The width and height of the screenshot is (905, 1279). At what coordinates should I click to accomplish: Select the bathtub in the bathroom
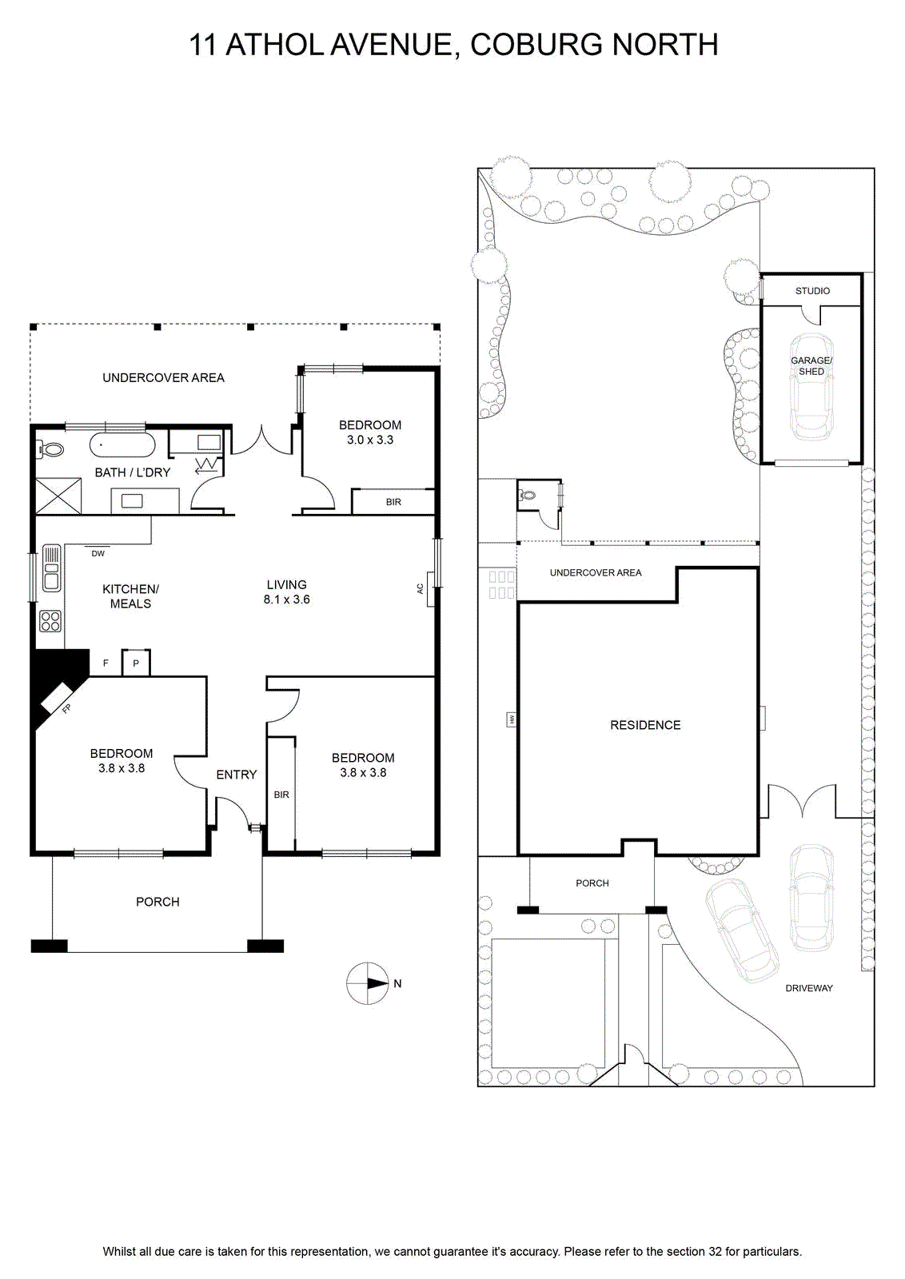click(x=122, y=445)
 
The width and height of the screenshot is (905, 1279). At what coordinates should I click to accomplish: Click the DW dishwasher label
click(x=98, y=553)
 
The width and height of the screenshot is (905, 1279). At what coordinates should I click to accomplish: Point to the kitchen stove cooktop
click(x=51, y=620)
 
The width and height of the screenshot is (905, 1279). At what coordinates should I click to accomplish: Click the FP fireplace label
click(x=66, y=709)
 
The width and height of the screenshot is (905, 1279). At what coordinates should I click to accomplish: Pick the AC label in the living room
click(x=421, y=588)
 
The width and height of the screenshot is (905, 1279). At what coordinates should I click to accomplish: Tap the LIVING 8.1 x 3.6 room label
click(x=287, y=592)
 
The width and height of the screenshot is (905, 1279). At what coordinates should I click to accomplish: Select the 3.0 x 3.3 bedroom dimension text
click(x=370, y=440)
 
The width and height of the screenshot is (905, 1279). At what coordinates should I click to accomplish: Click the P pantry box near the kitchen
click(x=136, y=663)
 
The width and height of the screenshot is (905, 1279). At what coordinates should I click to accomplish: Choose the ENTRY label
click(x=237, y=775)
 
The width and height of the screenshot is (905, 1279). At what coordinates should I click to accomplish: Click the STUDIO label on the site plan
click(x=812, y=291)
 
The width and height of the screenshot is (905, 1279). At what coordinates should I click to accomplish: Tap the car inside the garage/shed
click(x=811, y=387)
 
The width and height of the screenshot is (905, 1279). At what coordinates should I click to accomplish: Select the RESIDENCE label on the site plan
click(x=645, y=725)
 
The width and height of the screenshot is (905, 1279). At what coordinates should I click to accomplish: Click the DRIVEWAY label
click(x=808, y=988)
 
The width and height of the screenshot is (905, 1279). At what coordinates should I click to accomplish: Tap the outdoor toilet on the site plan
click(x=527, y=496)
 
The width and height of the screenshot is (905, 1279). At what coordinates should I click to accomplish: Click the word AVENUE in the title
click(x=396, y=45)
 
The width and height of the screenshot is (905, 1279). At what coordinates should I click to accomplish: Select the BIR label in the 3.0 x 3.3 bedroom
click(x=393, y=502)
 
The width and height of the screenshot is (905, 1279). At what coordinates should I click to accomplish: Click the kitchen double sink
click(x=51, y=568)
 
